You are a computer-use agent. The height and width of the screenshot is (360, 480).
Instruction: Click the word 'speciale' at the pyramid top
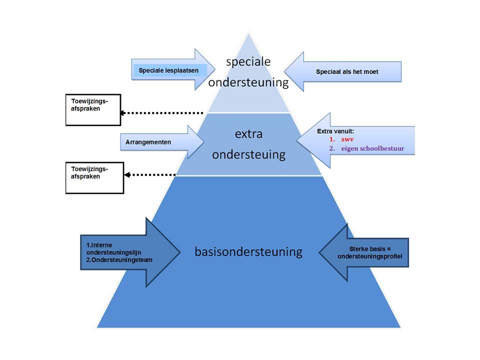coord(248,62)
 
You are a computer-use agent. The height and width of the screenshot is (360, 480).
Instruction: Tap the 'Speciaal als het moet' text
coord(347,72)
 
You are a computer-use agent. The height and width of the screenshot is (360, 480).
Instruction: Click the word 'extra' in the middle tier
coord(248,134)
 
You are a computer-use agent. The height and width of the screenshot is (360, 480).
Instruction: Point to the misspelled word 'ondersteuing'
coord(248,154)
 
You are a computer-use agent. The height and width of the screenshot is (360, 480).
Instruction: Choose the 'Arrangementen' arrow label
coord(148,142)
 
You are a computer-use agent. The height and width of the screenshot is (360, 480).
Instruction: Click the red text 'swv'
coord(347,139)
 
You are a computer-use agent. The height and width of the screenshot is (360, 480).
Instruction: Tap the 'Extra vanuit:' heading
coord(335,131)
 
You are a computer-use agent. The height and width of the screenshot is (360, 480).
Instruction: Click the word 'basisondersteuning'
coord(248,251)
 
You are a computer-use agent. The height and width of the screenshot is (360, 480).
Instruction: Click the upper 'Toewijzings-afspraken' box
coord(93,109)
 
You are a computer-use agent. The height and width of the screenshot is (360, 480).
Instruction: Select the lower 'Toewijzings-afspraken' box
coord(94,177)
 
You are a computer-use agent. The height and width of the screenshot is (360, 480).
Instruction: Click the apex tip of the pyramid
coord(248,33)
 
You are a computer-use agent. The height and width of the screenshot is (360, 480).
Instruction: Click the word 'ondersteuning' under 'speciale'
coord(248,82)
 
